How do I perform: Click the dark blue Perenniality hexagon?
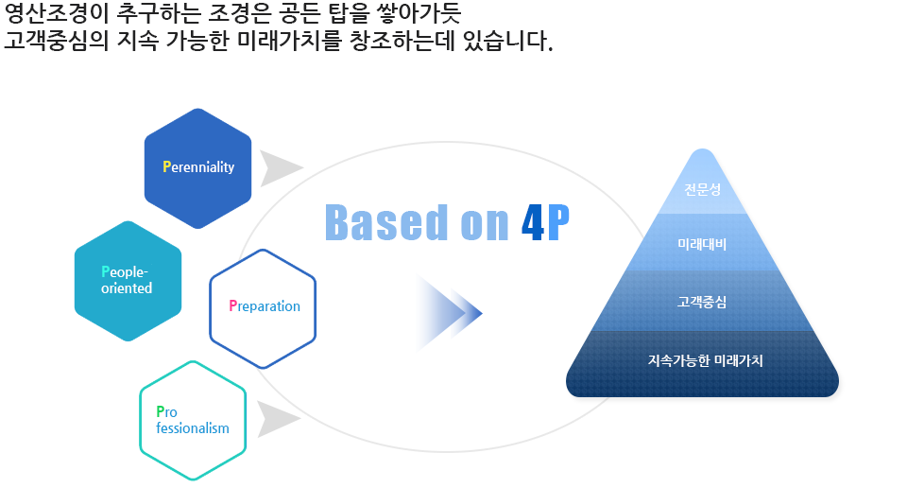[198, 168]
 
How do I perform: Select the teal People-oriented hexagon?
[128, 281]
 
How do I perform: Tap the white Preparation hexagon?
[263, 308]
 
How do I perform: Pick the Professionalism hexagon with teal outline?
[193, 420]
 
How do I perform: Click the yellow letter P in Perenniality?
[167, 167]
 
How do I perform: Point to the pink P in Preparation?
[232, 305]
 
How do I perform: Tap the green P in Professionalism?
[161, 411]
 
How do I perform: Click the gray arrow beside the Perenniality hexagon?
[282, 168]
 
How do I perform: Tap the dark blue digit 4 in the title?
[533, 223]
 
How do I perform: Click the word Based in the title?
[386, 222]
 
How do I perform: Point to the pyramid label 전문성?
[702, 189]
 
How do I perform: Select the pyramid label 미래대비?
[702, 244]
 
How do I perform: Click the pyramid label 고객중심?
[702, 302]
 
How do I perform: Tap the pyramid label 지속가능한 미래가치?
[706, 360]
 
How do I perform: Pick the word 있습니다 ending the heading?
[508, 41]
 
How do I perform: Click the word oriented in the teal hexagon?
[127, 288]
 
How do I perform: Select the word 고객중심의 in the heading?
[57, 41]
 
